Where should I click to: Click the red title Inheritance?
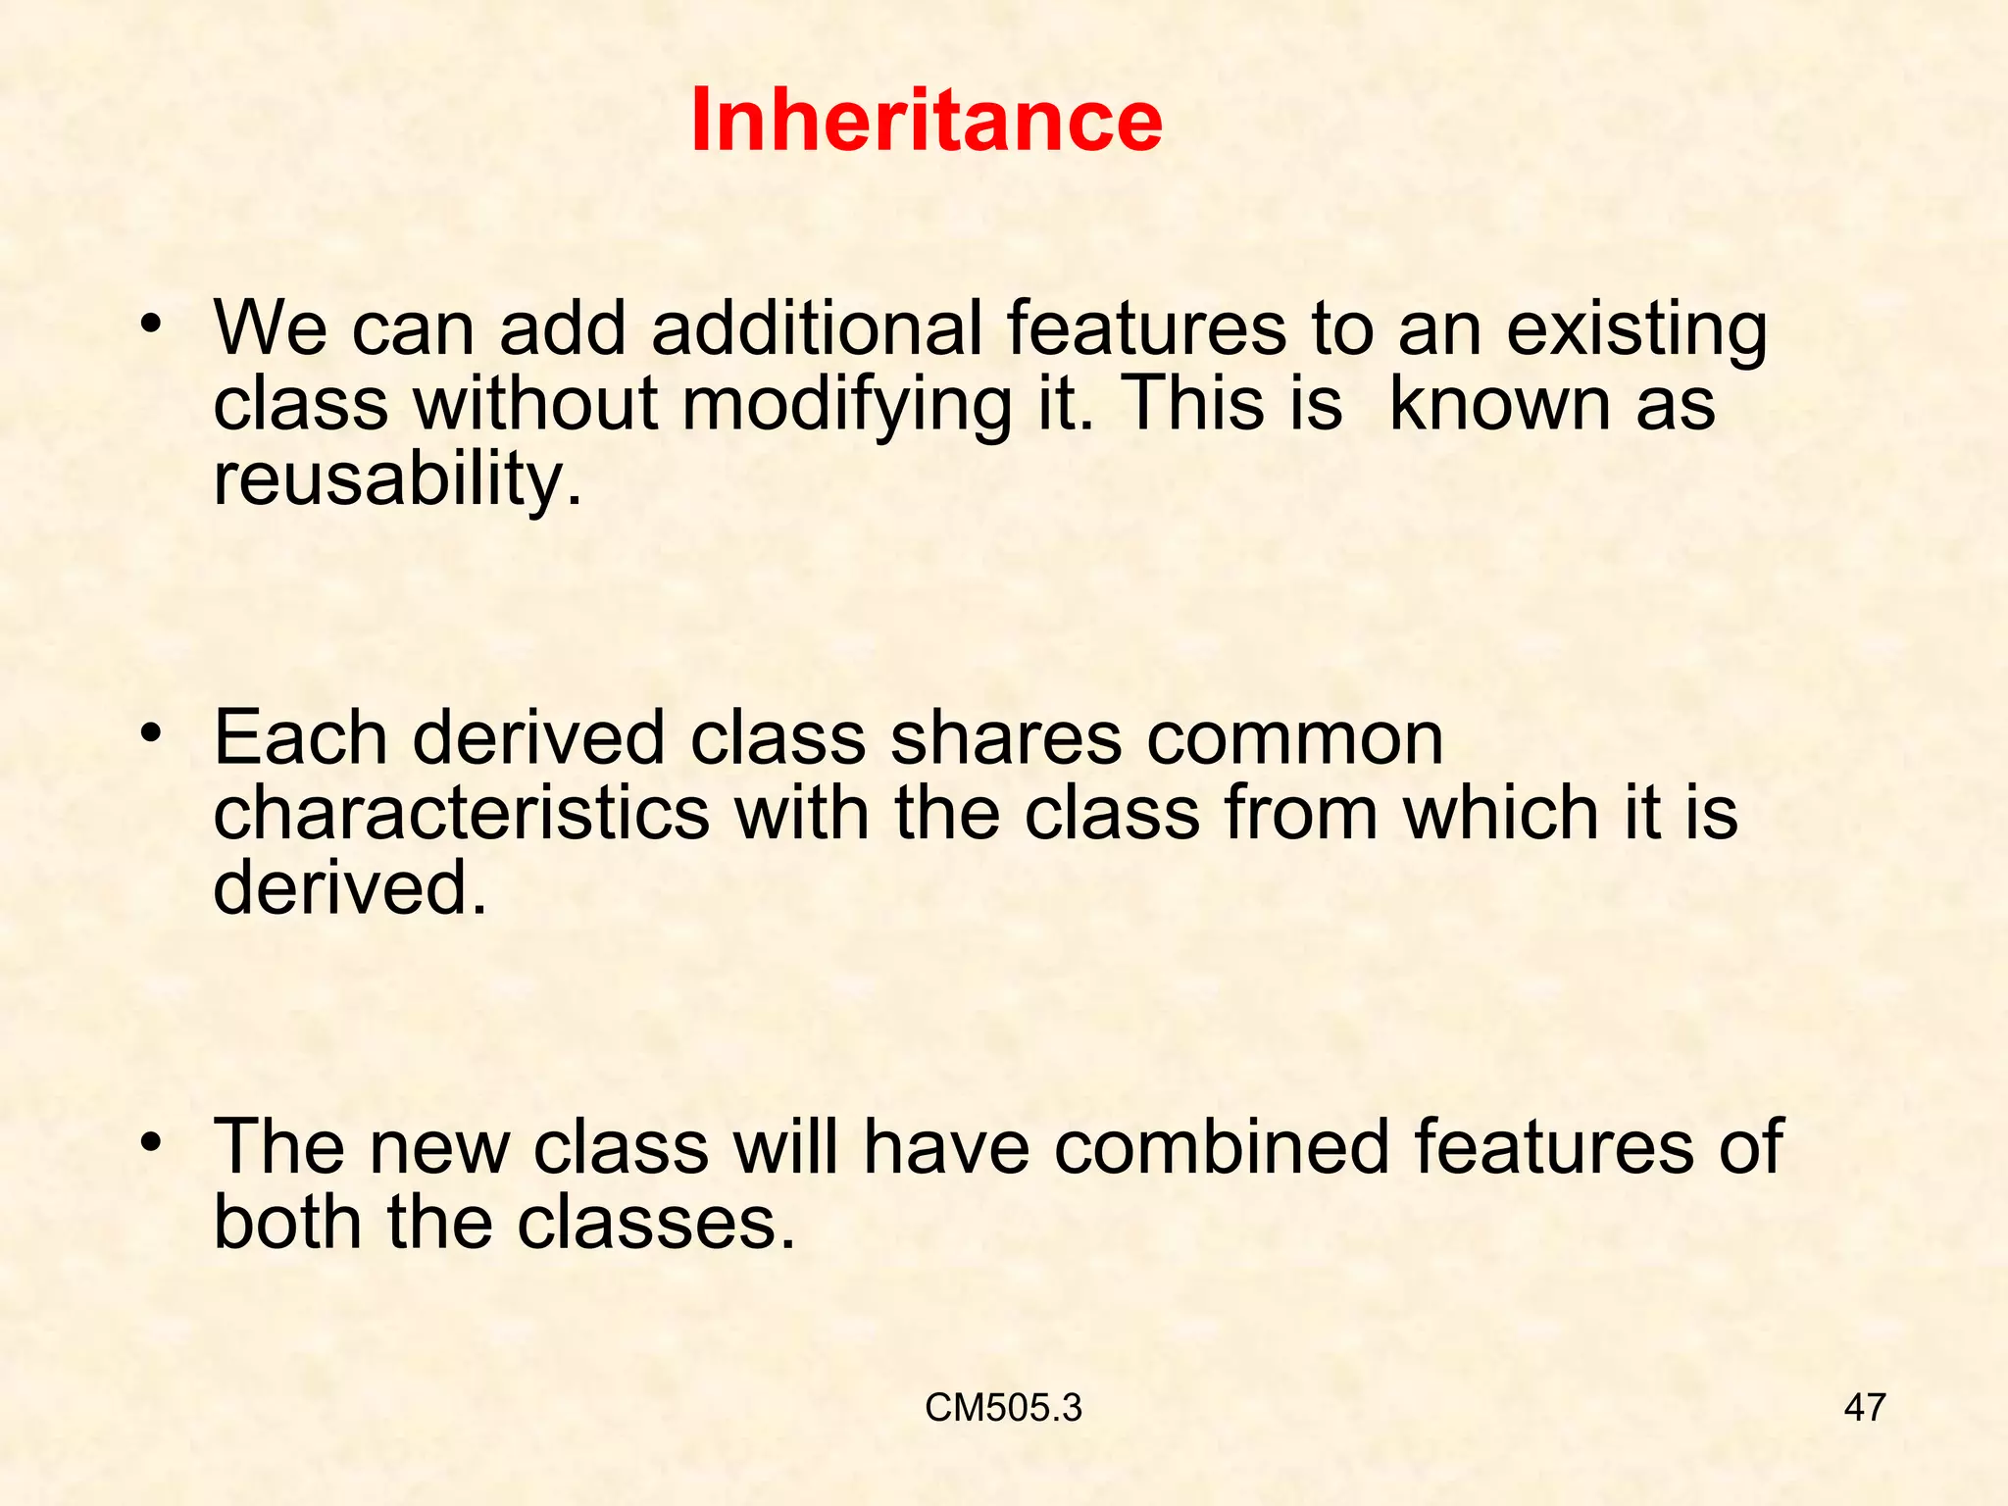click(926, 120)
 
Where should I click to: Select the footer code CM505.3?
click(1003, 1408)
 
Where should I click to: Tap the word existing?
click(1636, 331)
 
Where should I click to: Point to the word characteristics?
click(461, 813)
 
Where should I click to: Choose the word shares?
click(1005, 737)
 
